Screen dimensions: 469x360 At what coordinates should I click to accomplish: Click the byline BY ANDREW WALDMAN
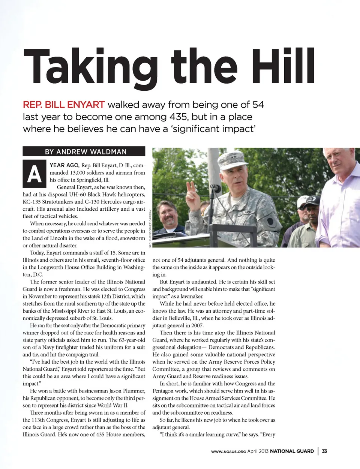coord(85,151)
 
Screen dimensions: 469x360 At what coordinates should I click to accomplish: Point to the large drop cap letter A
coord(34,174)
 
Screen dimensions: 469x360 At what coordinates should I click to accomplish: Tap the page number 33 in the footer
coord(324,451)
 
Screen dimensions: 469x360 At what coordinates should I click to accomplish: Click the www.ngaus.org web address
coord(228,451)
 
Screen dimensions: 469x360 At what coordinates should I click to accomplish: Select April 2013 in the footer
coord(258,451)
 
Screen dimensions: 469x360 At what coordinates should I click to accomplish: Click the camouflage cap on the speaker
coord(232,160)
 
